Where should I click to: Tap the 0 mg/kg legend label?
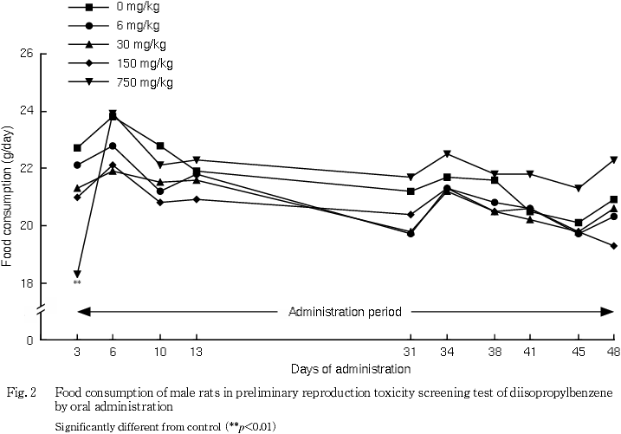[139, 6]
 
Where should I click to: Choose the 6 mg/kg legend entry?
[139, 25]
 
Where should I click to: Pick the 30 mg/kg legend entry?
[141, 44]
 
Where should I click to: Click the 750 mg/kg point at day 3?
[77, 275]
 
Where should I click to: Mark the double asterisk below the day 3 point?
[77, 283]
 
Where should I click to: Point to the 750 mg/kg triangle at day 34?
[447, 154]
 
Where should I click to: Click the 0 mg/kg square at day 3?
[77, 148]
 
